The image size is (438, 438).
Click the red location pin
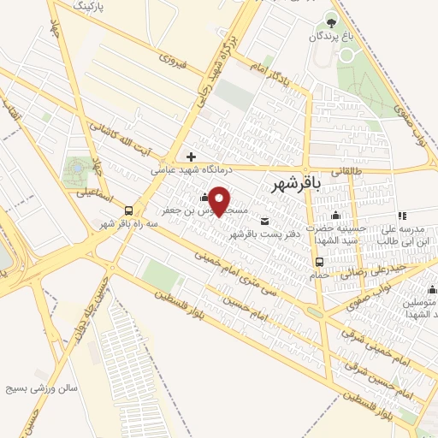pos(220,201)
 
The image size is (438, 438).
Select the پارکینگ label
pos(92,6)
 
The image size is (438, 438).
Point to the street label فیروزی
pos(172,62)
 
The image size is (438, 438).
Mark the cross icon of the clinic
pos(190,157)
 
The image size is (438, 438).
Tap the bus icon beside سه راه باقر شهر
pos(128,210)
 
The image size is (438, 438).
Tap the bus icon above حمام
pos(318,262)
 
